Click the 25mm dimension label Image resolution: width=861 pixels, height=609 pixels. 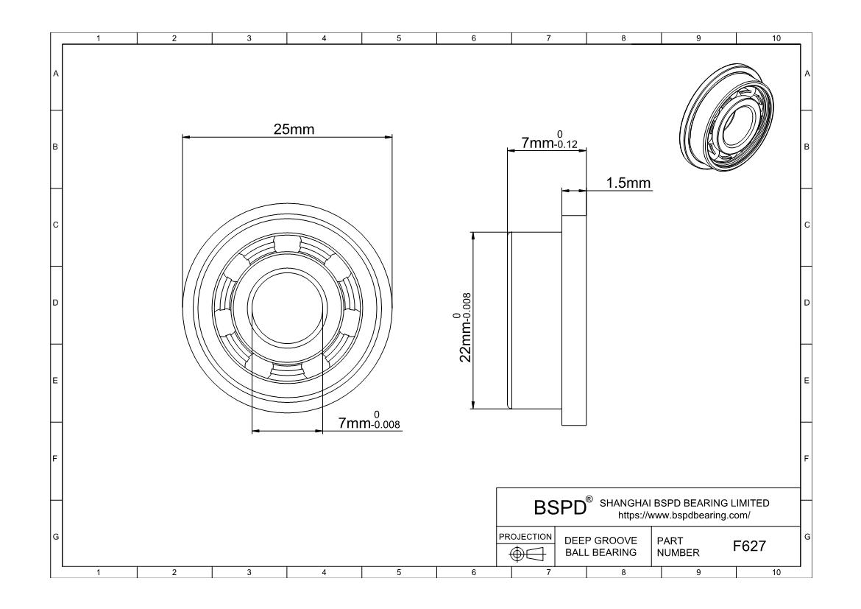click(x=294, y=129)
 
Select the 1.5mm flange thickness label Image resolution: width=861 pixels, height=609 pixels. click(x=628, y=183)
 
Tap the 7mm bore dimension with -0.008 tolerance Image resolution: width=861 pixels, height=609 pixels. click(x=369, y=420)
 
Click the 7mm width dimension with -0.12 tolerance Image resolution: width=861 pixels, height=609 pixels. click(x=549, y=140)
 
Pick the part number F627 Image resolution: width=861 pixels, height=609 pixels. click(x=749, y=546)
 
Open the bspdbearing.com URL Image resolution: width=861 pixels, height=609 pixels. click(x=684, y=515)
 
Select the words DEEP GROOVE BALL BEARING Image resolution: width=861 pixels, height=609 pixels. click(x=600, y=546)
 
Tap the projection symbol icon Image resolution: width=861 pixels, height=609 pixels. click(x=526, y=554)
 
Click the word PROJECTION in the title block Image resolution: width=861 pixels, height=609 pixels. click(x=525, y=536)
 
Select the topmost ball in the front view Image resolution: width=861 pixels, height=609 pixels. click(x=287, y=244)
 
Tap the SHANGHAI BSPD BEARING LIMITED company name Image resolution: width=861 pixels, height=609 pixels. click(x=684, y=503)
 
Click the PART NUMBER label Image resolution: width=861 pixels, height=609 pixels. click(x=678, y=547)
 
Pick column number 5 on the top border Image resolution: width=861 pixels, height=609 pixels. click(x=399, y=38)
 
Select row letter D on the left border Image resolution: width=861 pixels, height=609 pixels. click(x=55, y=303)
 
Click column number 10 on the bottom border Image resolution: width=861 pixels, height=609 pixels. click(x=776, y=572)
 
